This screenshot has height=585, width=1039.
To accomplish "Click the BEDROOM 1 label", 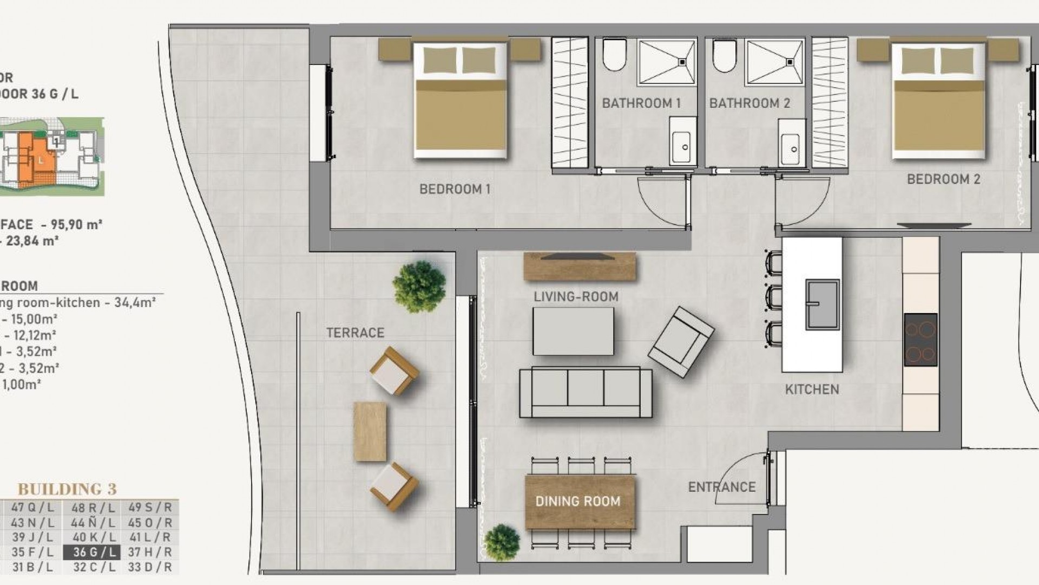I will point(455,189).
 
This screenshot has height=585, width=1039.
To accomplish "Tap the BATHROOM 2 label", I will point(749,103).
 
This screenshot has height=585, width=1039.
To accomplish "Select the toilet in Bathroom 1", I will point(614,55).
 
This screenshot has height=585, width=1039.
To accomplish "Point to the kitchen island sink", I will point(822,304).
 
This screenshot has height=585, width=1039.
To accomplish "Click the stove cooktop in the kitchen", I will point(920,340).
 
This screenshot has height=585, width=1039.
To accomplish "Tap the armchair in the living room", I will point(681,342).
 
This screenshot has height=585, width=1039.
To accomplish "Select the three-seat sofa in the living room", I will point(586,392).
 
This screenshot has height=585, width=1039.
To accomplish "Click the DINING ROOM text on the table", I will point(578,502).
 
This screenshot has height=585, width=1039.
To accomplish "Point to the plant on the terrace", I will point(419,287).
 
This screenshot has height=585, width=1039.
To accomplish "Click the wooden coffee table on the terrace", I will point(370,431).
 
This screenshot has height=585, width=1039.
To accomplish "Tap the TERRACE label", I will point(355,333).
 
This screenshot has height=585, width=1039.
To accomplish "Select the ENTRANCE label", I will point(721,487).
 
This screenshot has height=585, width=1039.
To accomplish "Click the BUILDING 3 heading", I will point(67,489).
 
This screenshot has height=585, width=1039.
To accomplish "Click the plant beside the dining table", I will point(502,542).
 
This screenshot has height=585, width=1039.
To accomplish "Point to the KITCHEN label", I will point(812,389).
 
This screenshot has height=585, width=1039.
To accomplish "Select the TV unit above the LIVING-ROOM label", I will point(580,266).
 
